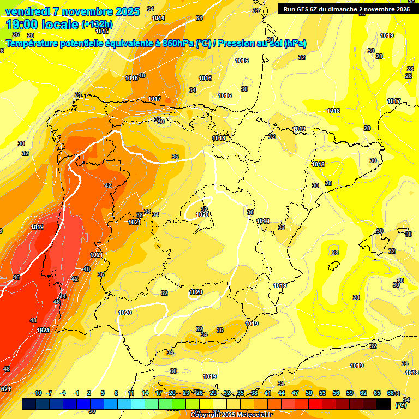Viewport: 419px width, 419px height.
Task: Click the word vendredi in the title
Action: click(x=27, y=11)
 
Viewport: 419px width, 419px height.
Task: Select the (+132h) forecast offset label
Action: click(x=97, y=25)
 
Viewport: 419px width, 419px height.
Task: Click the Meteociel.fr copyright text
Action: click(x=231, y=415)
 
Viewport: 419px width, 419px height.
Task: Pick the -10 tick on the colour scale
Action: click(x=37, y=393)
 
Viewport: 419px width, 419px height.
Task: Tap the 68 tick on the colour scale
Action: click(x=391, y=393)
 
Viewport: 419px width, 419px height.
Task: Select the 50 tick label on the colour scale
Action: click(x=309, y=393)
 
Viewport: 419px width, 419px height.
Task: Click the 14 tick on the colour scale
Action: click(x=145, y=393)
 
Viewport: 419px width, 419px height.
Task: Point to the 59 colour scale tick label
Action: click(x=350, y=393)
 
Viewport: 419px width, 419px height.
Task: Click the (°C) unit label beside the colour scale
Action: click(x=400, y=405)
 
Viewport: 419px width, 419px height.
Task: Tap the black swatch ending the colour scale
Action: click(x=384, y=404)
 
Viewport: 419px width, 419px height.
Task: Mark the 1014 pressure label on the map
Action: click(x=158, y=18)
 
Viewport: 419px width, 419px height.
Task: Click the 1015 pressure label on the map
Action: click(x=103, y=46)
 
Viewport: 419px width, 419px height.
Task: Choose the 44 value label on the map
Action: click(x=63, y=296)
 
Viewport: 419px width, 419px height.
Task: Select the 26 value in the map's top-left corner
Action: click(x=16, y=34)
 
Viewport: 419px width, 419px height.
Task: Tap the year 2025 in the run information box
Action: click(x=401, y=9)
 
